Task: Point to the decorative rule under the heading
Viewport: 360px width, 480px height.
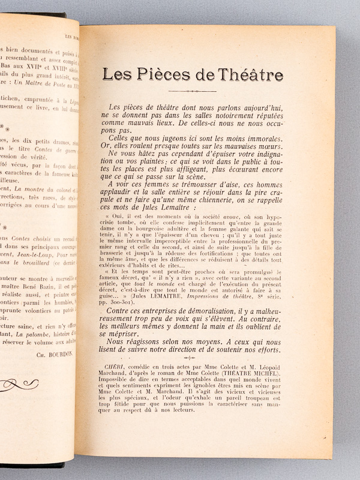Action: [x=192, y=91]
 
